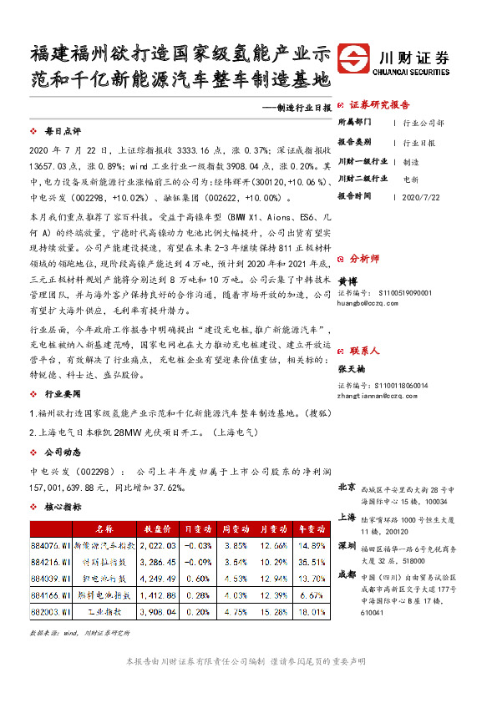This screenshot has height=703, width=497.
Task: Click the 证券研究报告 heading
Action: [x=379, y=105]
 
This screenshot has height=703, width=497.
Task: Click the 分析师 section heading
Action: [x=364, y=259]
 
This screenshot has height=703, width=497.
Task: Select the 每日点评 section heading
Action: [x=63, y=132]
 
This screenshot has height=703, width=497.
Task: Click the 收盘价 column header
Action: [x=157, y=529]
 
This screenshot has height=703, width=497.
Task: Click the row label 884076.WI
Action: [x=49, y=545]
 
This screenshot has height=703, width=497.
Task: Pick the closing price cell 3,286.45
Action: [x=157, y=562]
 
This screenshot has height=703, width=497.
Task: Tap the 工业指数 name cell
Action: [x=104, y=612]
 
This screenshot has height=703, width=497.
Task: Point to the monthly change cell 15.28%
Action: [x=271, y=612]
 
